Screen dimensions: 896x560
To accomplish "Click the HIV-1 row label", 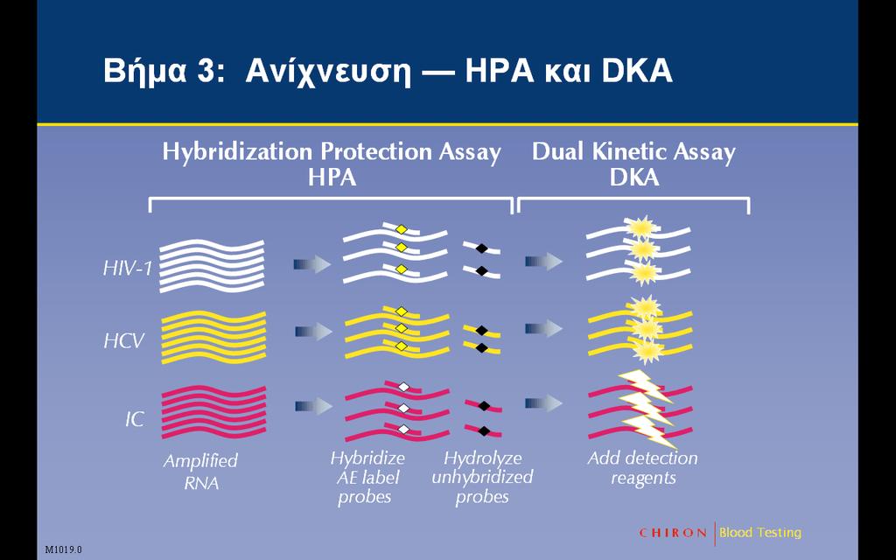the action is tap(128, 268).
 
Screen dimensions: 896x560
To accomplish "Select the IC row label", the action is tap(135, 420).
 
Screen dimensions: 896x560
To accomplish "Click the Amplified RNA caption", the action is tap(200, 472).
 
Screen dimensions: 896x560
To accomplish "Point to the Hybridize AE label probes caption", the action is tap(367, 478).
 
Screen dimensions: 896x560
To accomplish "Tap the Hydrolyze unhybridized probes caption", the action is tap(482, 478).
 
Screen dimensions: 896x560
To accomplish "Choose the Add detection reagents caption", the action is tap(643, 468).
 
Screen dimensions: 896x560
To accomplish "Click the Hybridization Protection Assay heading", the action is tap(332, 152).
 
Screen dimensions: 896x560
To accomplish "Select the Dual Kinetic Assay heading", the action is tap(633, 152).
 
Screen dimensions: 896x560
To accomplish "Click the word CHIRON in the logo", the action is tap(673, 533).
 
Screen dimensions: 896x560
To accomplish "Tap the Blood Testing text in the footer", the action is tap(760, 533).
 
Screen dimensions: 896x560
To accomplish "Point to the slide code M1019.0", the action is tap(63, 549).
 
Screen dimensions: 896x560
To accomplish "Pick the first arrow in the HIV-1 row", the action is tap(312, 264).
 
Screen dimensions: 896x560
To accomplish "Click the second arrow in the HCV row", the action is tap(543, 329).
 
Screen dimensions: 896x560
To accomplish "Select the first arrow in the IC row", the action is tap(314, 406).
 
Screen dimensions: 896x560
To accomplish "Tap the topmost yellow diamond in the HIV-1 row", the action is tap(402, 230).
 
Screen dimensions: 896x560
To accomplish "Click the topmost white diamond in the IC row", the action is tap(404, 387).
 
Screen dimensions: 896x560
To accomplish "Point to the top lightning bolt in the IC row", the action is tap(645, 385).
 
